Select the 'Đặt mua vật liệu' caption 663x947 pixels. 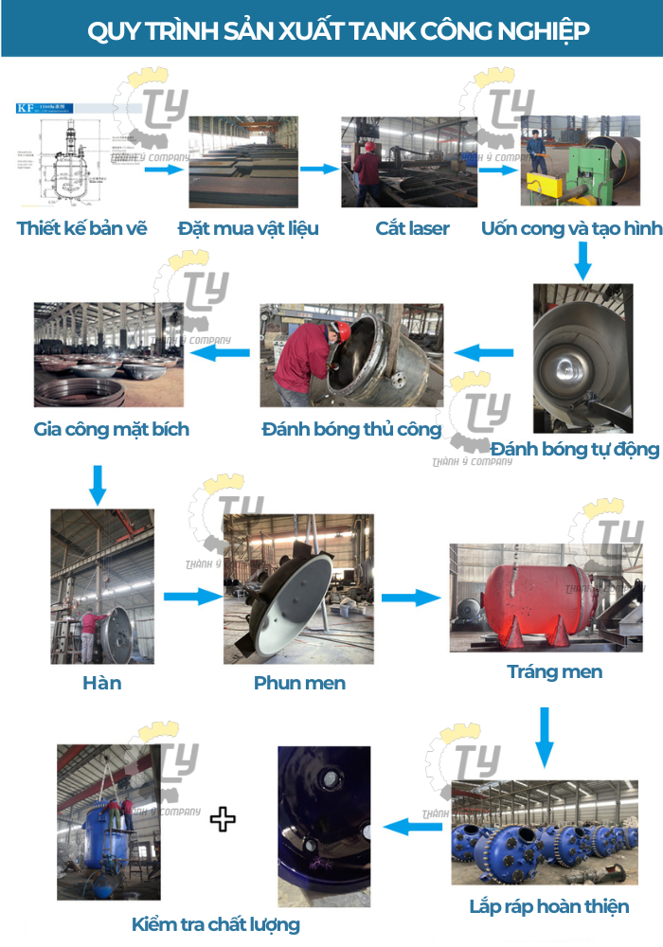(248, 228)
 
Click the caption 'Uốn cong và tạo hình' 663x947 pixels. (571, 228)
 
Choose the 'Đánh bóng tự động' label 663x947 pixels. (575, 448)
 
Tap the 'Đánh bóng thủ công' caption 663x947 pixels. (351, 429)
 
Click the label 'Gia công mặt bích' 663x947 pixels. (112, 429)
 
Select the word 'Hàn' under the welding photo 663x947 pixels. (101, 682)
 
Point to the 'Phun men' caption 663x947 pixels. (299, 683)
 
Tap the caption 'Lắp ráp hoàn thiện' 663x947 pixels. (548, 906)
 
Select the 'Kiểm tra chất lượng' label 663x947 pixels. (216, 924)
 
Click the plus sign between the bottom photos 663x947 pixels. (223, 818)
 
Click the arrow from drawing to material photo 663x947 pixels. (163, 169)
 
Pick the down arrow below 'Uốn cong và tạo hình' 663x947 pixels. (582, 260)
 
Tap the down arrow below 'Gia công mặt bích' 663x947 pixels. (98, 484)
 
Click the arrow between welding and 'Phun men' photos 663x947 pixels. (192, 597)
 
